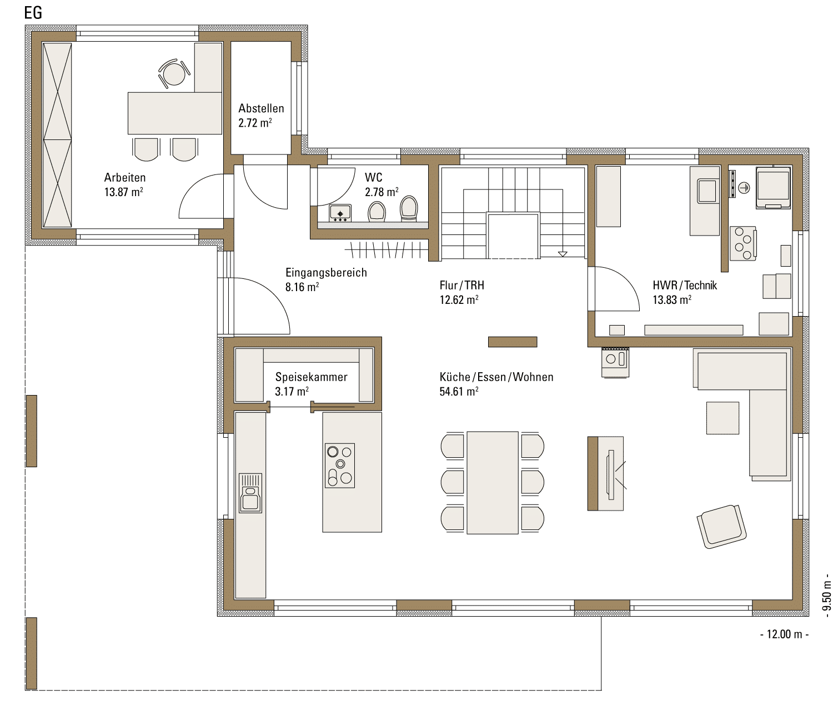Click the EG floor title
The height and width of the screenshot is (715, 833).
pos(33,13)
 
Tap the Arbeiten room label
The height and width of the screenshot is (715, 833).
pos(125,177)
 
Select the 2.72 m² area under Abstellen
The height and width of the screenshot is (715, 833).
pos(255,123)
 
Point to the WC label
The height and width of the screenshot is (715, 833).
pos(374,177)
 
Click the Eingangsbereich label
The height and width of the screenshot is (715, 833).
pos(326,273)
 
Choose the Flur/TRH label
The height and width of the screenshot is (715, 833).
pos(462,286)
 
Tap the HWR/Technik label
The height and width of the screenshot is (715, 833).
pos(685,286)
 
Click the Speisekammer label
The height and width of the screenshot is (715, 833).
pos(311,377)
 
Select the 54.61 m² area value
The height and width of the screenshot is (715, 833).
pos(459,391)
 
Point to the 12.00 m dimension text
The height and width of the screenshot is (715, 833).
pos(784,634)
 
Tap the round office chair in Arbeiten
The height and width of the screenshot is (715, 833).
pos(174,73)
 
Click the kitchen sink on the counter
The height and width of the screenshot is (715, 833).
pos(250,493)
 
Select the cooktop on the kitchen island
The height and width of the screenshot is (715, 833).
pos(340,466)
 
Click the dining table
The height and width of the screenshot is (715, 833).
pos(493,483)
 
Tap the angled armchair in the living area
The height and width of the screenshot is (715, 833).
pos(721,526)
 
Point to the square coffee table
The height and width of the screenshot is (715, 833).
pos(722,418)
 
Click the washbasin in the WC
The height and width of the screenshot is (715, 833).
pos(340,213)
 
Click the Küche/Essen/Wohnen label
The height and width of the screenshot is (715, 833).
pos(496,377)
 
